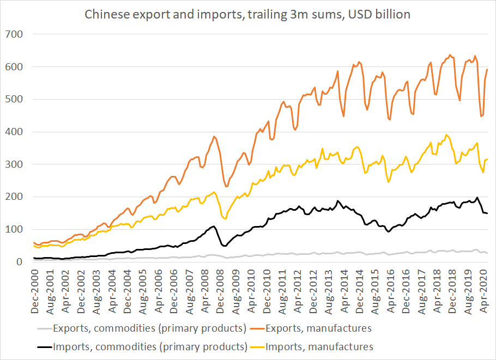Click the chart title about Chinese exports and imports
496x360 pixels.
[248, 14]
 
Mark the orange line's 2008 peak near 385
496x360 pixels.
[214, 136]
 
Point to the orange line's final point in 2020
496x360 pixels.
[487, 70]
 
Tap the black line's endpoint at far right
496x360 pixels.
[487, 213]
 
